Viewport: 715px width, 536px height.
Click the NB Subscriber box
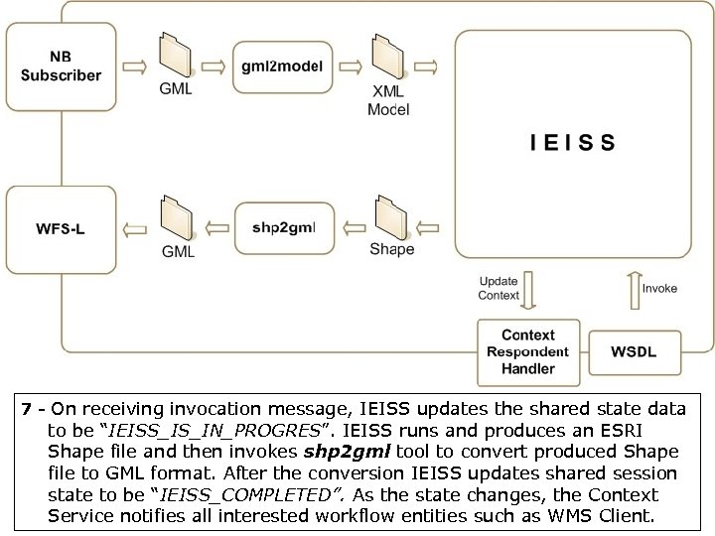coord(62,67)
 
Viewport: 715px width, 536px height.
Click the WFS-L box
coord(62,229)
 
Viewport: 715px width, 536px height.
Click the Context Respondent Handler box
coord(527,352)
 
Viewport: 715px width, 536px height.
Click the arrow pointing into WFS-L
coord(134,229)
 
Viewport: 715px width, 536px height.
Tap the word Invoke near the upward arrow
coord(659,289)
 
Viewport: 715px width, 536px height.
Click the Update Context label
coord(499,288)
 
